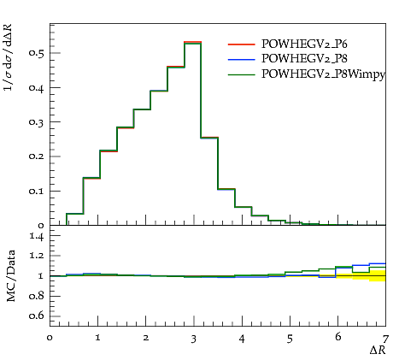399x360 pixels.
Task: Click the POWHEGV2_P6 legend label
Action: click(x=304, y=44)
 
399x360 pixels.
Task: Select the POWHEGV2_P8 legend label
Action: click(x=304, y=58)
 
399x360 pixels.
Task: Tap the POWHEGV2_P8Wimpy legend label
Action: click(x=323, y=74)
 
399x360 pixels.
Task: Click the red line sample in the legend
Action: click(x=241, y=44)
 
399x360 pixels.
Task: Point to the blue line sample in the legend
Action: click(x=241, y=59)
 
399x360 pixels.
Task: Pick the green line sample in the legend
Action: click(x=241, y=75)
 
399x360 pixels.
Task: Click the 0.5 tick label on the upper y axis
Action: click(x=37, y=53)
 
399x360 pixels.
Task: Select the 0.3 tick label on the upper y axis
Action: click(x=37, y=122)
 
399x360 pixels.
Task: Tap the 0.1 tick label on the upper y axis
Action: click(x=37, y=191)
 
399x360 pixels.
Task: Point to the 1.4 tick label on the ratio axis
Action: click(x=37, y=236)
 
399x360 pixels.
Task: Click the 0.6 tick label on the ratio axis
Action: click(x=37, y=316)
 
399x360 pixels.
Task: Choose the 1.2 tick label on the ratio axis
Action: click(x=37, y=256)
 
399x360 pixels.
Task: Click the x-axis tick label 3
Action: click(x=194, y=339)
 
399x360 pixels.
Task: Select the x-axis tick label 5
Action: click(x=290, y=339)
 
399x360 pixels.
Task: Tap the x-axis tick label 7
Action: click(x=385, y=339)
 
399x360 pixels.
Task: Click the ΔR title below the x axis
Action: click(x=378, y=350)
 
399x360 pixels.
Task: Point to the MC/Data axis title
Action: click(x=10, y=276)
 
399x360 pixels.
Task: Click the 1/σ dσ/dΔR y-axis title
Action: click(x=9, y=57)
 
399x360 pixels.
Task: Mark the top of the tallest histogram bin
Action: click(x=193, y=43)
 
